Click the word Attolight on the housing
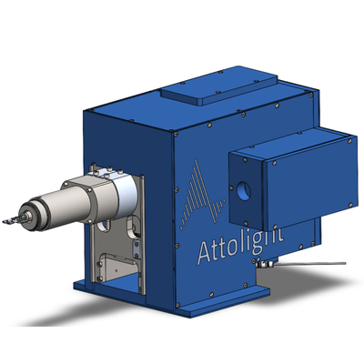pos(240,248)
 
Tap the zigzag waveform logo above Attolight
pos(203,194)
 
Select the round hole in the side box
pos(244,191)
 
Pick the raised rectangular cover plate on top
pos(219,86)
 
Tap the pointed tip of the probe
pos(4,222)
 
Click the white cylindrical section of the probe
pos(126,194)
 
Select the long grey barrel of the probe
pos(66,207)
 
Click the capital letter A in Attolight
pos(207,253)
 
